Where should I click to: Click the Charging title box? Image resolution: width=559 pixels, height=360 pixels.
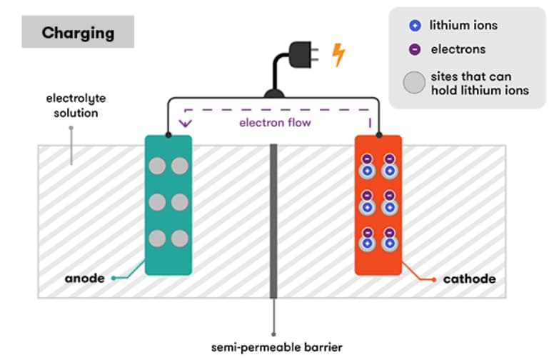click(78, 31)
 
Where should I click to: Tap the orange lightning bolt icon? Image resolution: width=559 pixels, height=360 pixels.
click(338, 55)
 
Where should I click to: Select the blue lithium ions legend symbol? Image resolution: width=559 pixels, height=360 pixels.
click(415, 25)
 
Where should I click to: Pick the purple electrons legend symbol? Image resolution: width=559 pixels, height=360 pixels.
click(415, 49)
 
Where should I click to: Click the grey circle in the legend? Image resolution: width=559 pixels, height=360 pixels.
click(414, 82)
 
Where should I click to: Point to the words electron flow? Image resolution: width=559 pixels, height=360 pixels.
click(275, 123)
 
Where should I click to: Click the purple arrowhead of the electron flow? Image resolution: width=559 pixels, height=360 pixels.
click(186, 124)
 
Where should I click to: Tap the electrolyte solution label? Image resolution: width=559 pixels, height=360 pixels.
click(76, 106)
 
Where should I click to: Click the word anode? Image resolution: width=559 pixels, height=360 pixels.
click(84, 279)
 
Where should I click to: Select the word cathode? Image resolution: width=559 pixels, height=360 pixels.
click(469, 279)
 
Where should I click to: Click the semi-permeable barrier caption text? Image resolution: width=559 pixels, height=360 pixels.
click(277, 347)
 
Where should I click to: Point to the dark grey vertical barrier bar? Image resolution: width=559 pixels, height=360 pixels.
click(273, 221)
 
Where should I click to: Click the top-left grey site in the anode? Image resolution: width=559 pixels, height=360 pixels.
click(157, 166)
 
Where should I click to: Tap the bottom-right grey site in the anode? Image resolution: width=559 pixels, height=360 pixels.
click(180, 239)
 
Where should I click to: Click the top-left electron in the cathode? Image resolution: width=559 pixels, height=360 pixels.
click(367, 159)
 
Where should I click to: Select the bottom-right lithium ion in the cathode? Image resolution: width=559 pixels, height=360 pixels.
click(390, 244)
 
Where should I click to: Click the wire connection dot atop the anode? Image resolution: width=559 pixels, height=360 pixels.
click(168, 135)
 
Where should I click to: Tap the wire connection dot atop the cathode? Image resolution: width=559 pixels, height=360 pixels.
click(379, 135)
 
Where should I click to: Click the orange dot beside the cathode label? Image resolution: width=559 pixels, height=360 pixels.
click(434, 280)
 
